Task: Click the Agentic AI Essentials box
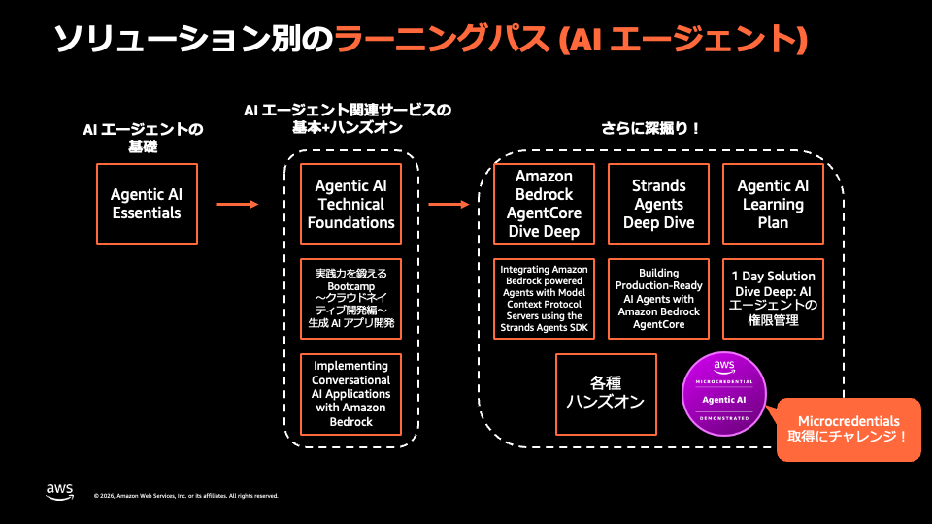pos(147,204)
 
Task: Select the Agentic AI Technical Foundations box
pos(350,204)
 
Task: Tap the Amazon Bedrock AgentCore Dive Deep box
pos(544,204)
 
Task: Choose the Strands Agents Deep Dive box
pos(658,204)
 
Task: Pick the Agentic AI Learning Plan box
pos(774,204)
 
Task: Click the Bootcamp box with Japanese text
pos(350,299)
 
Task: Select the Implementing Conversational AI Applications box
pos(350,395)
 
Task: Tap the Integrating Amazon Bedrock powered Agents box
pos(544,299)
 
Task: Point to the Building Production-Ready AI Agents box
pos(658,299)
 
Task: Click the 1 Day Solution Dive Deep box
pos(774,299)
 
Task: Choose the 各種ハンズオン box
pos(606,395)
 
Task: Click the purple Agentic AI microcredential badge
pos(724,394)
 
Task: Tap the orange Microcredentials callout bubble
pos(849,430)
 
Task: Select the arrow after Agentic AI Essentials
pos(238,205)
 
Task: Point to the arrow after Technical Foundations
pos(449,205)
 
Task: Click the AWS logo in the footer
pos(59,492)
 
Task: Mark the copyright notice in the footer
pos(186,496)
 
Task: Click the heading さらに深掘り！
pos(650,128)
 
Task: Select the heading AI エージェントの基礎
pos(144,137)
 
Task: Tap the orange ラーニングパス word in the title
pos(442,39)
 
